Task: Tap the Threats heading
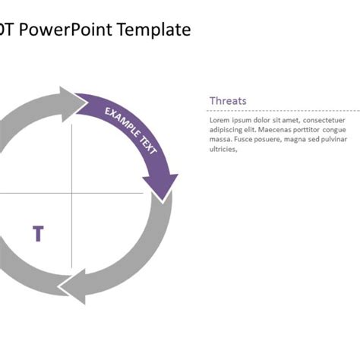227,101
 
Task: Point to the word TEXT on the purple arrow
147,144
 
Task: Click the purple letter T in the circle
38,234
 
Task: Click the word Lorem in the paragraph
219,119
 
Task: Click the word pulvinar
332,139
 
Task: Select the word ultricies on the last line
223,149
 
